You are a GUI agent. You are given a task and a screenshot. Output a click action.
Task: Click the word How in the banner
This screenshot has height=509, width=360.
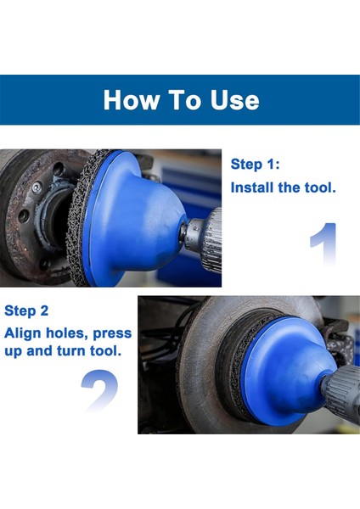(x=132, y=99)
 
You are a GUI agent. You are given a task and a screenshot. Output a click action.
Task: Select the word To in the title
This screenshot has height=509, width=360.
(x=185, y=99)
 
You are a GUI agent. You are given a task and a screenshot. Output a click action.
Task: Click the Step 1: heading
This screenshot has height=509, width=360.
(x=255, y=165)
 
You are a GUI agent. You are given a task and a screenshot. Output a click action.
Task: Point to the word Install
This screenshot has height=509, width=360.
(x=252, y=187)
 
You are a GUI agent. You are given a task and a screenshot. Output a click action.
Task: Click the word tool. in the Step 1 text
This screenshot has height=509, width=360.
(x=320, y=187)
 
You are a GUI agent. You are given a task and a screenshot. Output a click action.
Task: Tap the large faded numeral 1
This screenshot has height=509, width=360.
(x=324, y=243)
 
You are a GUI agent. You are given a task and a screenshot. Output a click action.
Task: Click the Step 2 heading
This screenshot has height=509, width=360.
(x=26, y=311)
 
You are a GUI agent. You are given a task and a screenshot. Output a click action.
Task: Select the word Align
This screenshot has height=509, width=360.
(x=23, y=333)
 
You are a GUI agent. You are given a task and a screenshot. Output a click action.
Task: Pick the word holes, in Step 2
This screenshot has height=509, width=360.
(x=67, y=333)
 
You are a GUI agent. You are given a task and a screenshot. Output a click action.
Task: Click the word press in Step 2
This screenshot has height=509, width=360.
(x=112, y=334)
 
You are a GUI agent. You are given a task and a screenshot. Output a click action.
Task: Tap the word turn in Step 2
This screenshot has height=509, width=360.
(x=71, y=351)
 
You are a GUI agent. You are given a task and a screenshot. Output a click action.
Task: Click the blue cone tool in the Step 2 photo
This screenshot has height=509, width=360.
(x=285, y=371)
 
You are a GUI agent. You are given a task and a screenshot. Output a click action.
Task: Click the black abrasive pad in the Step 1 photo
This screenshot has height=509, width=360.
(x=78, y=218)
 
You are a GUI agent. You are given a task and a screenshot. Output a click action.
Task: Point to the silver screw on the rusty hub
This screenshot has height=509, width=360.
(x=37, y=187)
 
